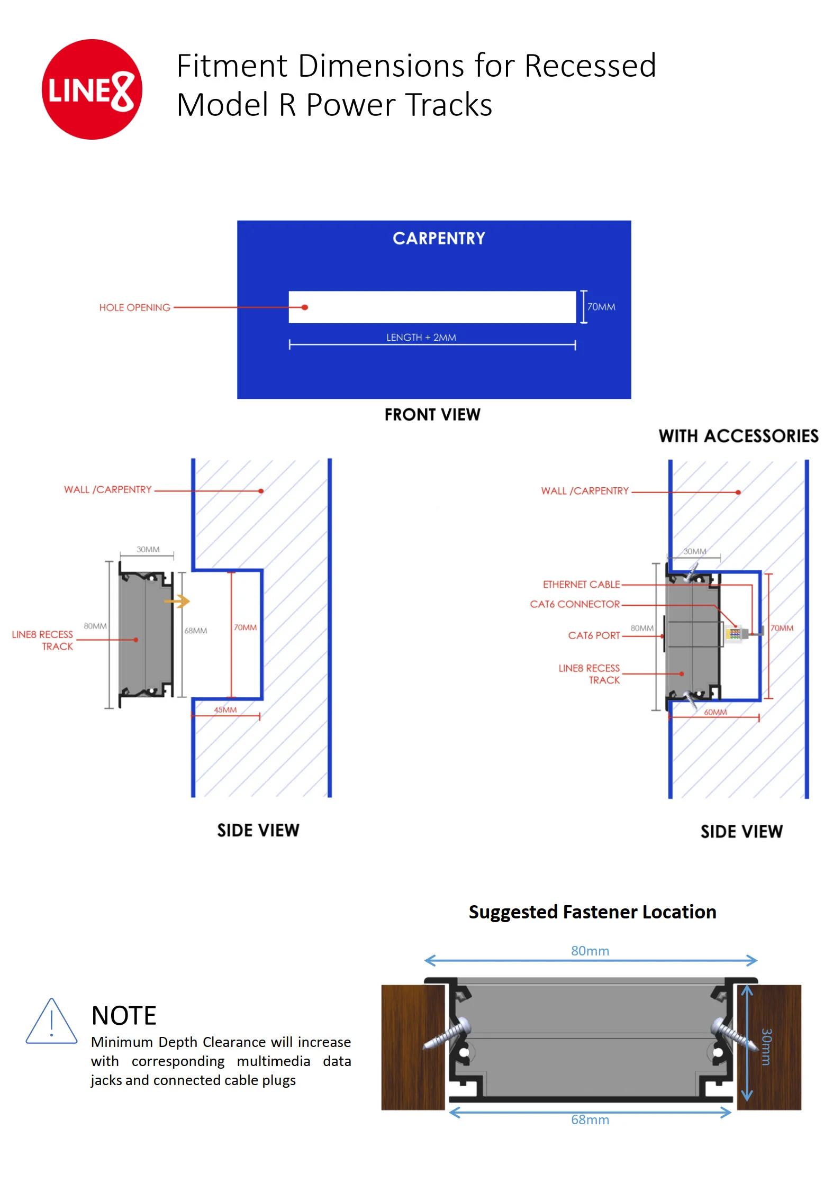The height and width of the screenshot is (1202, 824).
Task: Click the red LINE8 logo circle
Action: tap(92, 89)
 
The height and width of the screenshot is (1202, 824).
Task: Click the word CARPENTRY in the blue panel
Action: tap(438, 239)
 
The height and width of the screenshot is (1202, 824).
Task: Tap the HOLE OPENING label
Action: tap(134, 307)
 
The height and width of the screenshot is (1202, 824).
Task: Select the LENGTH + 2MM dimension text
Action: tap(421, 338)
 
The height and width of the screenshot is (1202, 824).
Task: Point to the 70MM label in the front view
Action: tap(601, 307)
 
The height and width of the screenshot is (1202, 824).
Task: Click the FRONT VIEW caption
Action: tap(432, 414)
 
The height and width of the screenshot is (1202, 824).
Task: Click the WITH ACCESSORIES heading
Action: tap(738, 436)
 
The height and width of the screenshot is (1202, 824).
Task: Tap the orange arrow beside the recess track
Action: tap(177, 602)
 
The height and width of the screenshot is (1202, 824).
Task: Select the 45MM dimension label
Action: tap(225, 709)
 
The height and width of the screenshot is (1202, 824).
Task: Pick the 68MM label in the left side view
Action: tap(195, 631)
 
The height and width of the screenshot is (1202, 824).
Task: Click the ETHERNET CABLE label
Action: tap(581, 585)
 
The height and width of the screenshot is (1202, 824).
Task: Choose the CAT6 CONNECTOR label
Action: tap(574, 604)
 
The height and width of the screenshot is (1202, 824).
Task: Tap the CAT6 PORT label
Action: tap(593, 635)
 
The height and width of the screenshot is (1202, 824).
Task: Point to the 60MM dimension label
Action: tap(715, 712)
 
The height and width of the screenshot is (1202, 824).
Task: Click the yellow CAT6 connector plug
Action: tap(734, 634)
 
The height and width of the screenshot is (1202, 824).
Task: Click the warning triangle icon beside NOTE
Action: tap(51, 1023)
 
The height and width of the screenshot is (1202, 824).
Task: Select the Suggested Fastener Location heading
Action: tap(592, 912)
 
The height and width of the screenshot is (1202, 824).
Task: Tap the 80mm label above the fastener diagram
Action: tap(590, 951)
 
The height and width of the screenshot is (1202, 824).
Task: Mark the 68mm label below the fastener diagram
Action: tap(590, 1120)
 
